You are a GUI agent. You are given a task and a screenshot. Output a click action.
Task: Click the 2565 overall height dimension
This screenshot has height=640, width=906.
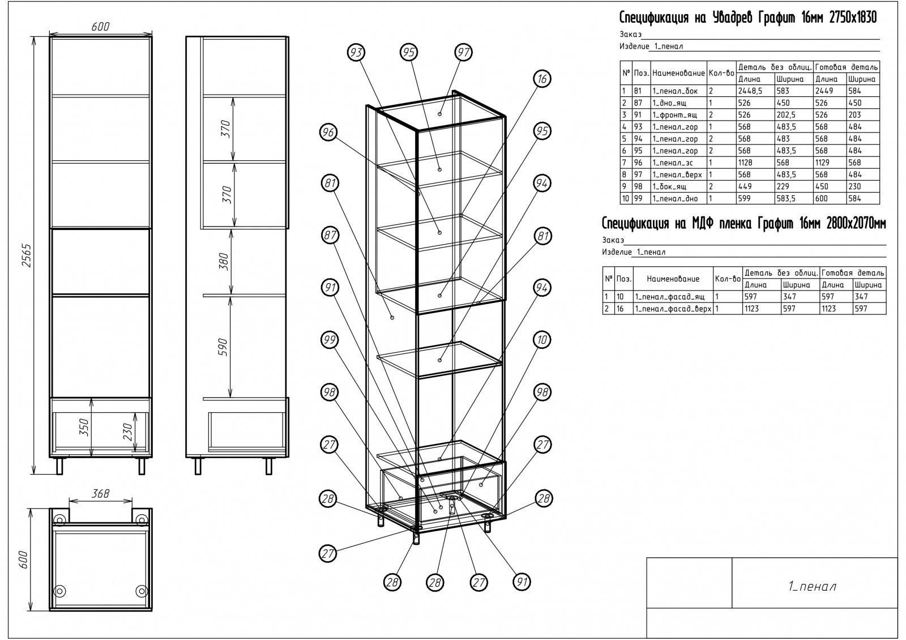click(26, 255)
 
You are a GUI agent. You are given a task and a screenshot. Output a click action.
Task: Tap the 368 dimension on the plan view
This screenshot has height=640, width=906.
click(100, 493)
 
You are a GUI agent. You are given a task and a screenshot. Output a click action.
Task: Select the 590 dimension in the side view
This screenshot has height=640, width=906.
click(223, 348)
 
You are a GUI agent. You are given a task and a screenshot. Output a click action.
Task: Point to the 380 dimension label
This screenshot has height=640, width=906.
click(223, 262)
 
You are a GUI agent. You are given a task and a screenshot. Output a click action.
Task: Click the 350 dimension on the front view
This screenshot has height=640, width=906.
click(84, 428)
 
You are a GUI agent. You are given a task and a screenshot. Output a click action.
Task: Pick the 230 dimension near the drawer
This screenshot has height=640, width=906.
click(127, 432)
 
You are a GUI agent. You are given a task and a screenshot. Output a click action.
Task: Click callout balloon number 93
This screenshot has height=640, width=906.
click(356, 53)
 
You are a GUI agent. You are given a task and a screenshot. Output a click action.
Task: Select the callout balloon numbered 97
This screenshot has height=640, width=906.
click(464, 52)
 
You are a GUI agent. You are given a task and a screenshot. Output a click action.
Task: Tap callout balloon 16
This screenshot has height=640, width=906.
click(542, 79)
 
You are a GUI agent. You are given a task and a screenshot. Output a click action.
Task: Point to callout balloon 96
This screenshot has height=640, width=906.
click(328, 133)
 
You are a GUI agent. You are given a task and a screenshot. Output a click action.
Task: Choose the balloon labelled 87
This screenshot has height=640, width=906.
click(330, 235)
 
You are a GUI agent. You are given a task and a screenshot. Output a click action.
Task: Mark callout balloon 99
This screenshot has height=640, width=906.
click(330, 340)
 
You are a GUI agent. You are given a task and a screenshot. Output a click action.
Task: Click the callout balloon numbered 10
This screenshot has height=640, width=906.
click(542, 340)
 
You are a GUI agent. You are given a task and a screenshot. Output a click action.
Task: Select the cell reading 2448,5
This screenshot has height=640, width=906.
click(750, 91)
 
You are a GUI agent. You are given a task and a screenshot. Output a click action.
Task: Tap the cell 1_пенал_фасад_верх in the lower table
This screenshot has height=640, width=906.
click(673, 309)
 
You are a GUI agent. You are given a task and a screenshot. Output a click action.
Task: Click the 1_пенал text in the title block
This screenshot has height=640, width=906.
click(812, 586)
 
